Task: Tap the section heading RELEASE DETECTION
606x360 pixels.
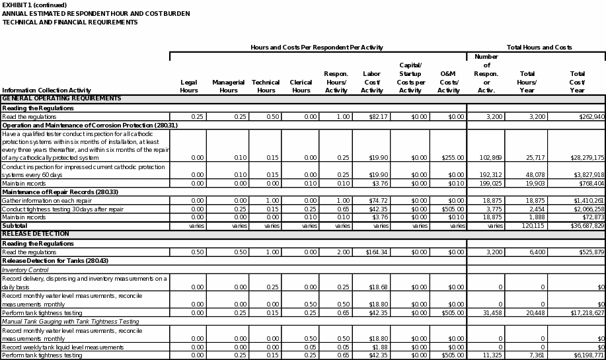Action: (35, 234)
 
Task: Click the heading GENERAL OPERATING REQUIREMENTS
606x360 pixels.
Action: (62, 98)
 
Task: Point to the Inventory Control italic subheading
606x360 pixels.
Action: (24, 270)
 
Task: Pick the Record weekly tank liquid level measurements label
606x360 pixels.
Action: (63, 347)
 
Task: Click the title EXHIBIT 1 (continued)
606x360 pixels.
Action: (30, 5)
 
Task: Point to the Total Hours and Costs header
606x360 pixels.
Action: (539, 48)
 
